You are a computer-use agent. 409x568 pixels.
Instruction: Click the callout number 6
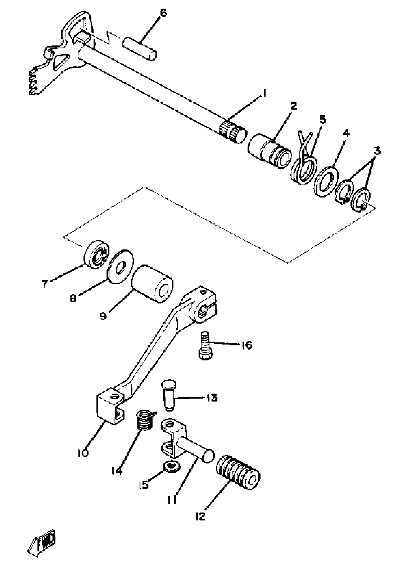point(163,13)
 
